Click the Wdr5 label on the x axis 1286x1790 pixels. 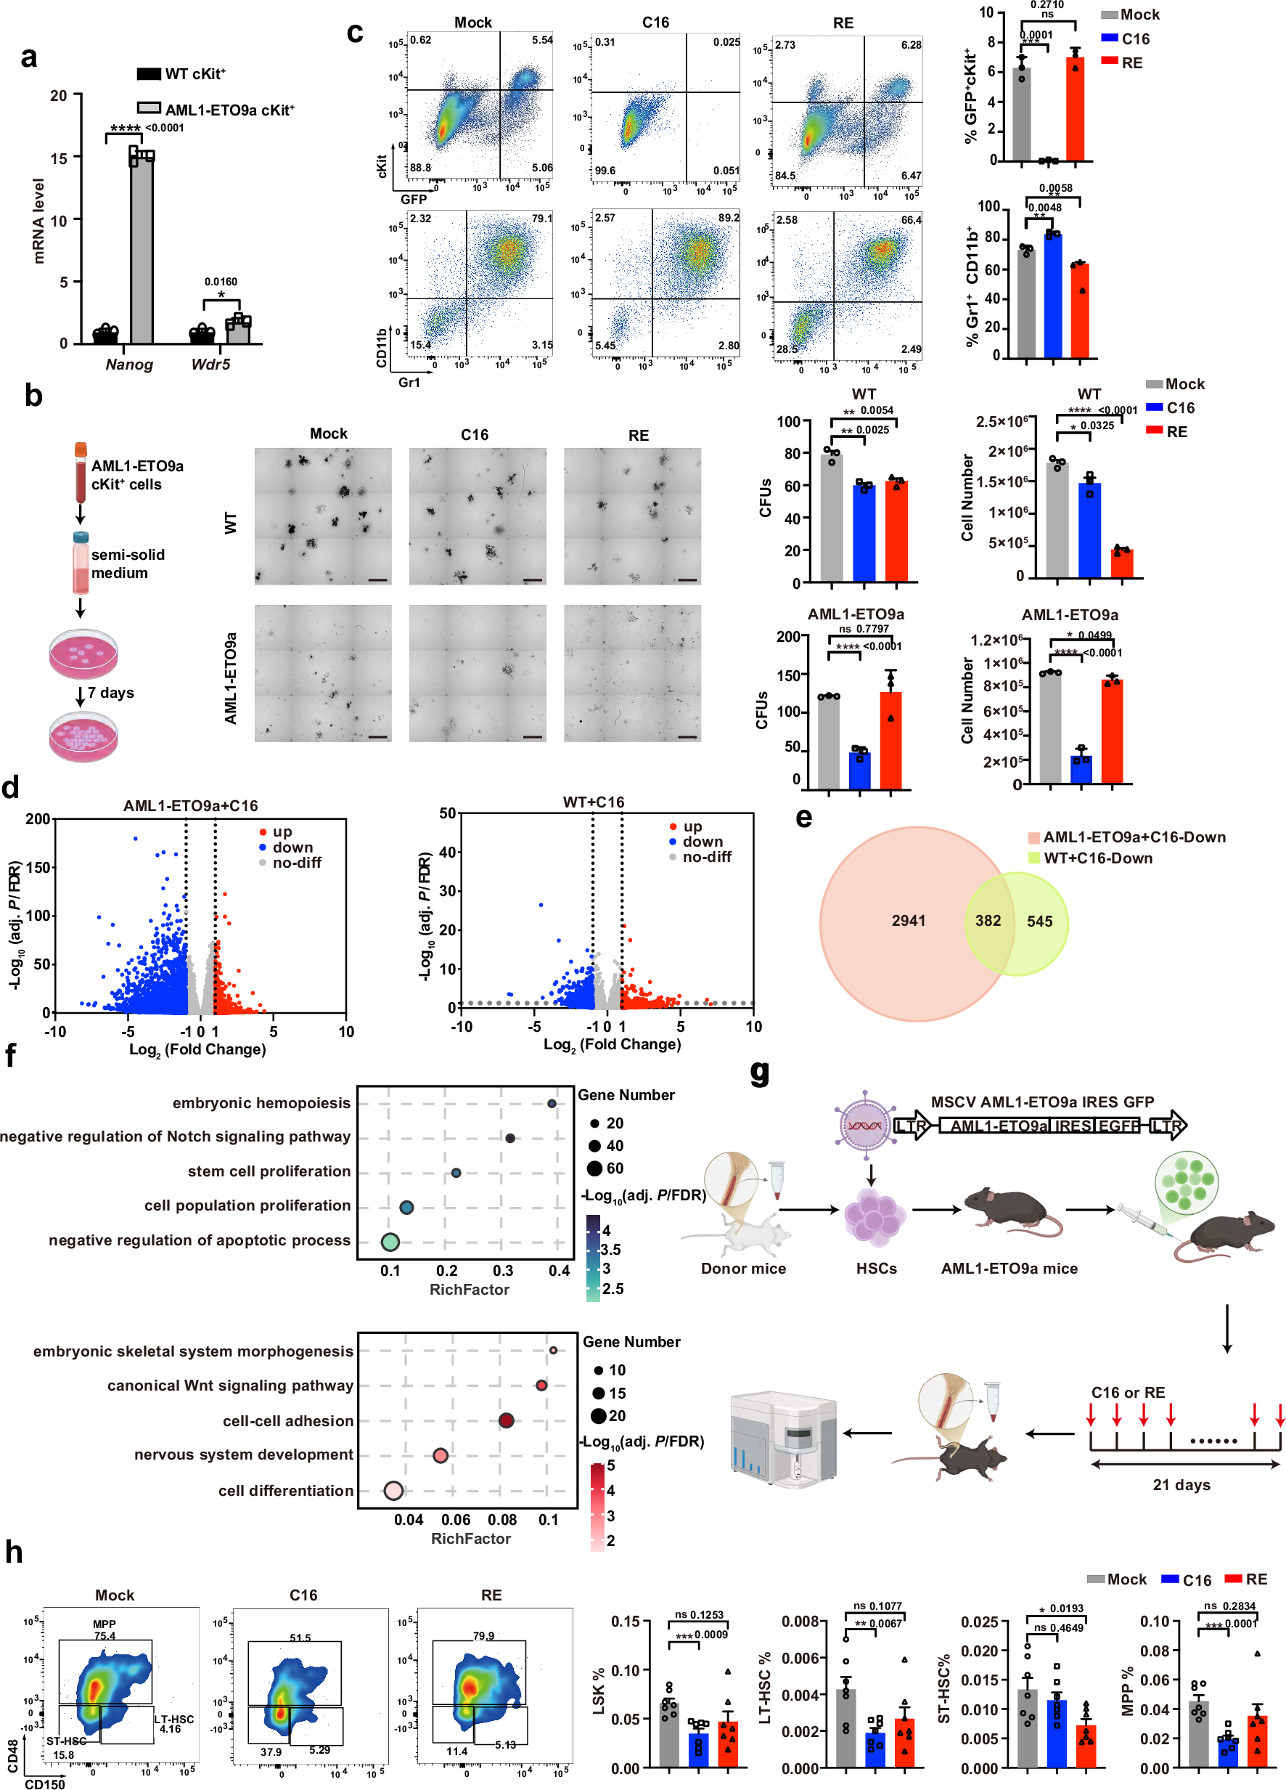pyautogui.click(x=210, y=365)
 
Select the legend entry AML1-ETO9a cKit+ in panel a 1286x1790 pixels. pyautogui.click(x=229, y=110)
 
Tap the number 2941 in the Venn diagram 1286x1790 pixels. pyautogui.click(x=908, y=920)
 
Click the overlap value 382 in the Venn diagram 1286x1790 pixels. pyautogui.click(x=987, y=920)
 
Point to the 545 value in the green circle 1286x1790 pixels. pyautogui.click(x=1039, y=921)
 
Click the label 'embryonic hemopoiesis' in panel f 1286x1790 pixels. pyautogui.click(x=261, y=1102)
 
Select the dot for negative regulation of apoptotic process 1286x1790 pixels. pyautogui.click(x=390, y=1242)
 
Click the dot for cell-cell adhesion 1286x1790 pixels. pyautogui.click(x=507, y=1420)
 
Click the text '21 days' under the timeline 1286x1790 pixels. pyautogui.click(x=1181, y=1484)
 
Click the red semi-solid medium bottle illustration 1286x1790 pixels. pyautogui.click(x=81, y=563)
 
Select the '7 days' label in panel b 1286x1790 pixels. pyautogui.click(x=110, y=693)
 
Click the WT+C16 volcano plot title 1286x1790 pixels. pyautogui.click(x=594, y=802)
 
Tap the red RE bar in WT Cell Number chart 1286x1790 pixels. pyautogui.click(x=1121, y=564)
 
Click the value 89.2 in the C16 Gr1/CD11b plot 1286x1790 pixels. pyautogui.click(x=728, y=217)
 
